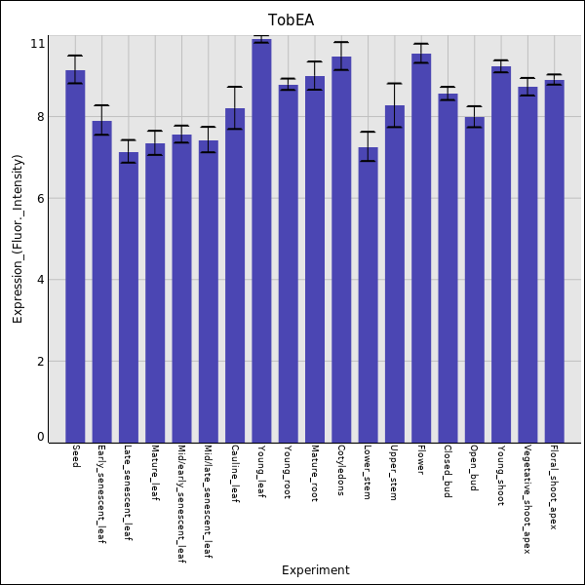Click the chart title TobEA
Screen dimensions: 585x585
point(292,20)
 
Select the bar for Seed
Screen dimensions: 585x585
point(75,255)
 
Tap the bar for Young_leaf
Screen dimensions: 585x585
point(261,240)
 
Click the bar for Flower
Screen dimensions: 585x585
point(421,248)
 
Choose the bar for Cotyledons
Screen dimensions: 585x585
point(341,249)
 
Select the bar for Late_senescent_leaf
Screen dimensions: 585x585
point(129,296)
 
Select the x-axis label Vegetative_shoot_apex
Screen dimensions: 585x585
point(527,499)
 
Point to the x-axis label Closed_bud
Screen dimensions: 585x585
point(448,471)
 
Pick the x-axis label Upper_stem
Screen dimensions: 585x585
point(394,473)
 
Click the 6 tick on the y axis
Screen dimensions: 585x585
point(40,199)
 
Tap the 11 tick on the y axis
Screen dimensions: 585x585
point(38,44)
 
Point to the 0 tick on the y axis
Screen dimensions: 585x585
point(40,437)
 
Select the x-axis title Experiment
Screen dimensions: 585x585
point(315,570)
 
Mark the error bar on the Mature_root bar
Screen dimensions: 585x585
point(315,76)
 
